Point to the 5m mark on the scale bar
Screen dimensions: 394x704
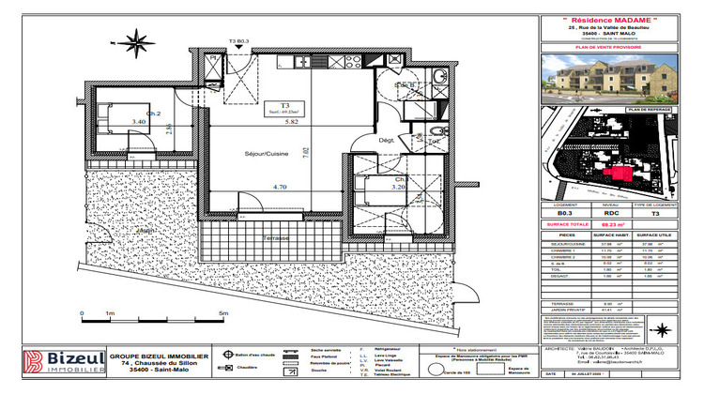(222, 313)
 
